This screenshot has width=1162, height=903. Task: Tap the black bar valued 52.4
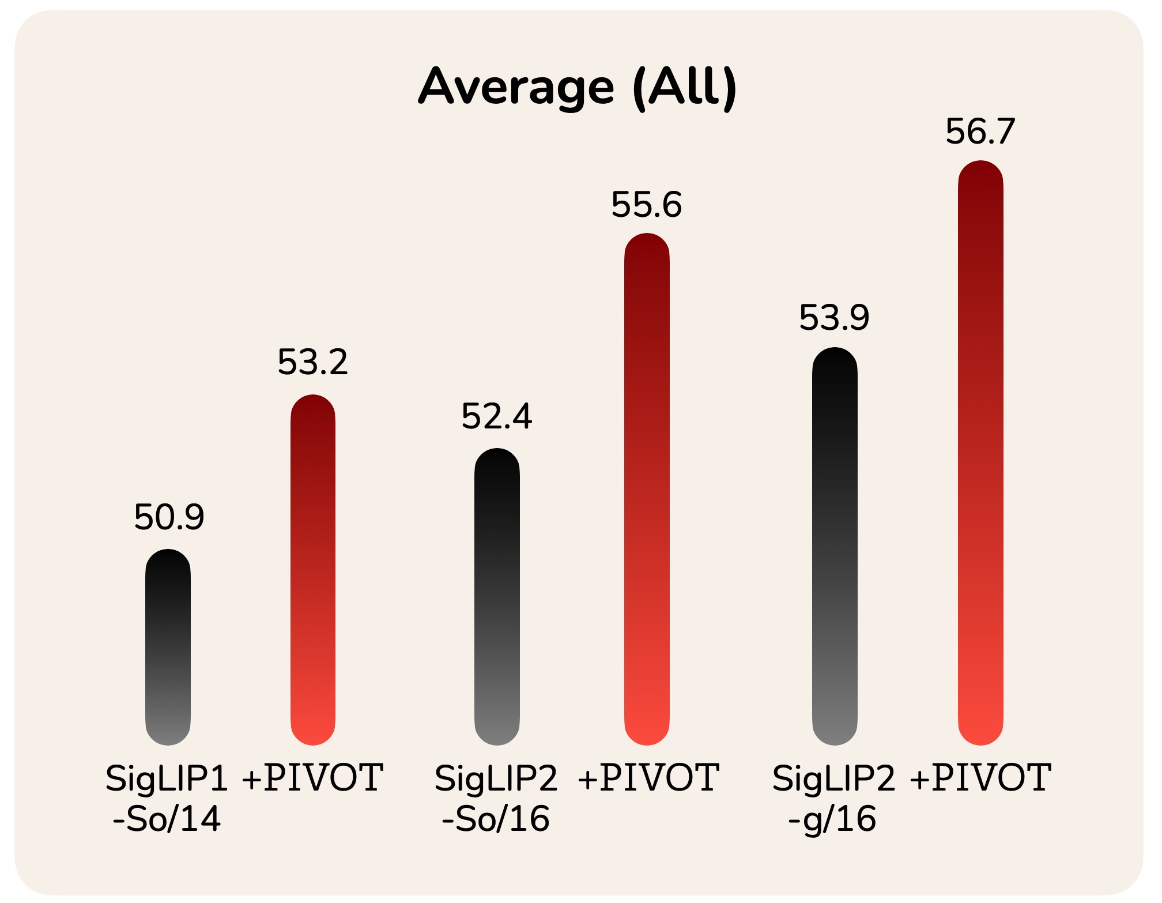497,597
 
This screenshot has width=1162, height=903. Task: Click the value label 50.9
169,517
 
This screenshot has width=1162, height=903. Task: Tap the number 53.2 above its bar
313,362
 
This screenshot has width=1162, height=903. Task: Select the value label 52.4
497,416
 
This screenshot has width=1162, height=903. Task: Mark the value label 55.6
647,205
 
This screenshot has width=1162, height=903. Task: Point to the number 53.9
834,317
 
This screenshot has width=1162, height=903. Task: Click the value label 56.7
980,131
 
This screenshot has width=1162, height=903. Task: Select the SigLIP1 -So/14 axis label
167,798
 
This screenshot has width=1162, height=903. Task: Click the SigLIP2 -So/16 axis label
496,798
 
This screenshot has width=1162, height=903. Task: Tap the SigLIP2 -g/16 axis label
833,798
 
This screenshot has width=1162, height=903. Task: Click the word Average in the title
516,88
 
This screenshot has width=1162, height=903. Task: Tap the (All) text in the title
685,88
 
